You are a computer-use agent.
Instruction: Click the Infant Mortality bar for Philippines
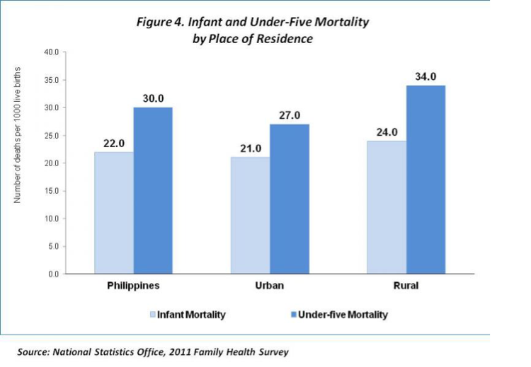click(114, 212)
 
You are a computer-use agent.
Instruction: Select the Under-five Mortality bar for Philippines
click(153, 190)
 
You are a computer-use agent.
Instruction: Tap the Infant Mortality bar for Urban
click(250, 215)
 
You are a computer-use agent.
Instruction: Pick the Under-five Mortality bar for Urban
click(289, 199)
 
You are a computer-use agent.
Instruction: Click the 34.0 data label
click(426, 76)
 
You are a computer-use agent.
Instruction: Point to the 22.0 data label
click(114, 143)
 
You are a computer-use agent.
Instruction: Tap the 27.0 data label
click(289, 115)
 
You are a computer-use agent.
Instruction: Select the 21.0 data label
click(250, 148)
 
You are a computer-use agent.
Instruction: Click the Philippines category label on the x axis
click(133, 286)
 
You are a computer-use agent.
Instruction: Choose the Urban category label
click(269, 286)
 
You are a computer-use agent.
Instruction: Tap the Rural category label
click(406, 286)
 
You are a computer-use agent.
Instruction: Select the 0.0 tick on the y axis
click(54, 274)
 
